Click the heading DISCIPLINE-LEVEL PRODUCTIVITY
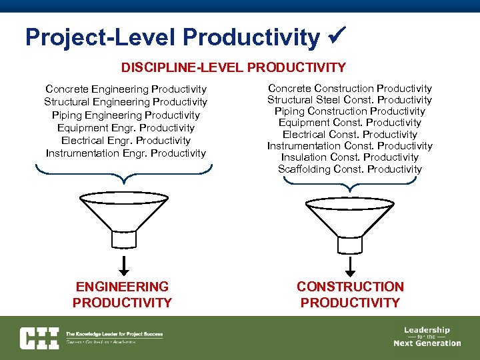233,67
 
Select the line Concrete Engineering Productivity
125,89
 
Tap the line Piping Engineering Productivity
125,115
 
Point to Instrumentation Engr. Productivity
125,153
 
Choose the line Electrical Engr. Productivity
125,141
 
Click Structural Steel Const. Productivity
349,100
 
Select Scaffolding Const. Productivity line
349,169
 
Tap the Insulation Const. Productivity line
349,157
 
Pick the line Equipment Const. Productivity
349,123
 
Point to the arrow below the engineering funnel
124,265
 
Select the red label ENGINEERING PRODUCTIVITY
122,295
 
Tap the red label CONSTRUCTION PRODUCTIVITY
350,295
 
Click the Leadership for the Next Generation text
427,337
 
